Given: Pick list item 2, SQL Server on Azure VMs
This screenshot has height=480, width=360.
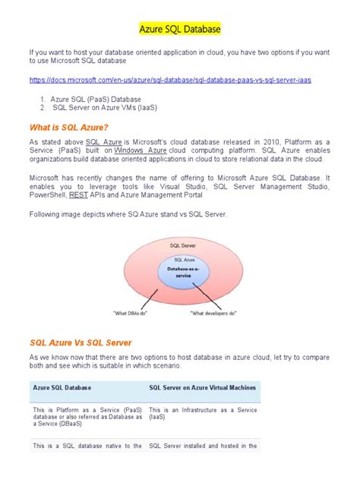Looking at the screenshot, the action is coord(103,108).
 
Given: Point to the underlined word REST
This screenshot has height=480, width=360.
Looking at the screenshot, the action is coord(78,194).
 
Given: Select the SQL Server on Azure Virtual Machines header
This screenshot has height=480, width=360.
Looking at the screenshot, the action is coord(202,387).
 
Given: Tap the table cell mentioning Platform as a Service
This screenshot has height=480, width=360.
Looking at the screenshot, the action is coord(87,416).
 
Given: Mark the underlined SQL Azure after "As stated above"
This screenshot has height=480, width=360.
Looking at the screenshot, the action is coord(103,141).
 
